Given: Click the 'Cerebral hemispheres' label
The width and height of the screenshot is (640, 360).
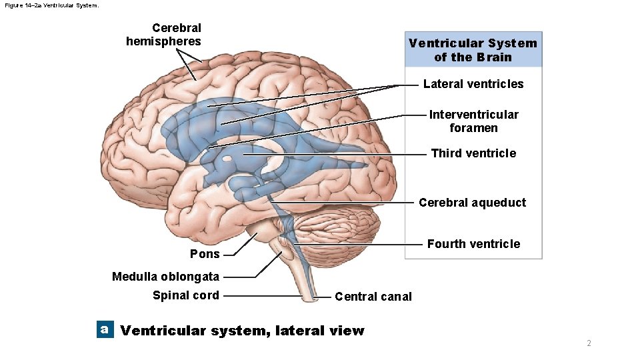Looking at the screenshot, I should pyautogui.click(x=163, y=35).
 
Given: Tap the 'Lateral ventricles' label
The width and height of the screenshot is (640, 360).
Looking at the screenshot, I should pyautogui.click(x=473, y=84).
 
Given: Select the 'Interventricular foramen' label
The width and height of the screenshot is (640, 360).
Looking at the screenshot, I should pyautogui.click(x=473, y=121).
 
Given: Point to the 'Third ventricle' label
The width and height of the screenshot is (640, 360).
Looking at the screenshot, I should pyautogui.click(x=473, y=153).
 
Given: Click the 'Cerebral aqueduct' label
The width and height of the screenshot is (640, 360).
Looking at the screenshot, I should pyautogui.click(x=472, y=203).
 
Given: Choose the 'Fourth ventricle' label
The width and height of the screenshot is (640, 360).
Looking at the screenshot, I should pyautogui.click(x=473, y=244).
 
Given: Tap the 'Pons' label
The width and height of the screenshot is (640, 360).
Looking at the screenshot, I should pyautogui.click(x=205, y=254).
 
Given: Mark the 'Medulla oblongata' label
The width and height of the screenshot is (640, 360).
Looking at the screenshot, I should pyautogui.click(x=165, y=277).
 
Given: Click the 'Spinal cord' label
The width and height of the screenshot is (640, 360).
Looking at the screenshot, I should pyautogui.click(x=185, y=295).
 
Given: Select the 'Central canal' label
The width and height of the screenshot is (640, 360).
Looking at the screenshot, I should pyautogui.click(x=373, y=297).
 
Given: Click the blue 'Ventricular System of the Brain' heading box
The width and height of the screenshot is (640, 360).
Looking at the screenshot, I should pyautogui.click(x=473, y=50).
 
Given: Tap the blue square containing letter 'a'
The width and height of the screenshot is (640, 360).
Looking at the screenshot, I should pyautogui.click(x=105, y=329).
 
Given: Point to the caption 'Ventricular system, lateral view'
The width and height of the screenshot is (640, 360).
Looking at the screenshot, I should pyautogui.click(x=242, y=330).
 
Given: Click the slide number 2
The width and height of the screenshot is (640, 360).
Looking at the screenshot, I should pyautogui.click(x=589, y=343).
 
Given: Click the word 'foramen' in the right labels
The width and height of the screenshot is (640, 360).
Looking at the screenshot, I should pyautogui.click(x=473, y=128).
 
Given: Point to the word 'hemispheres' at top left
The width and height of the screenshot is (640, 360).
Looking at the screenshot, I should pyautogui.click(x=163, y=41).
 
